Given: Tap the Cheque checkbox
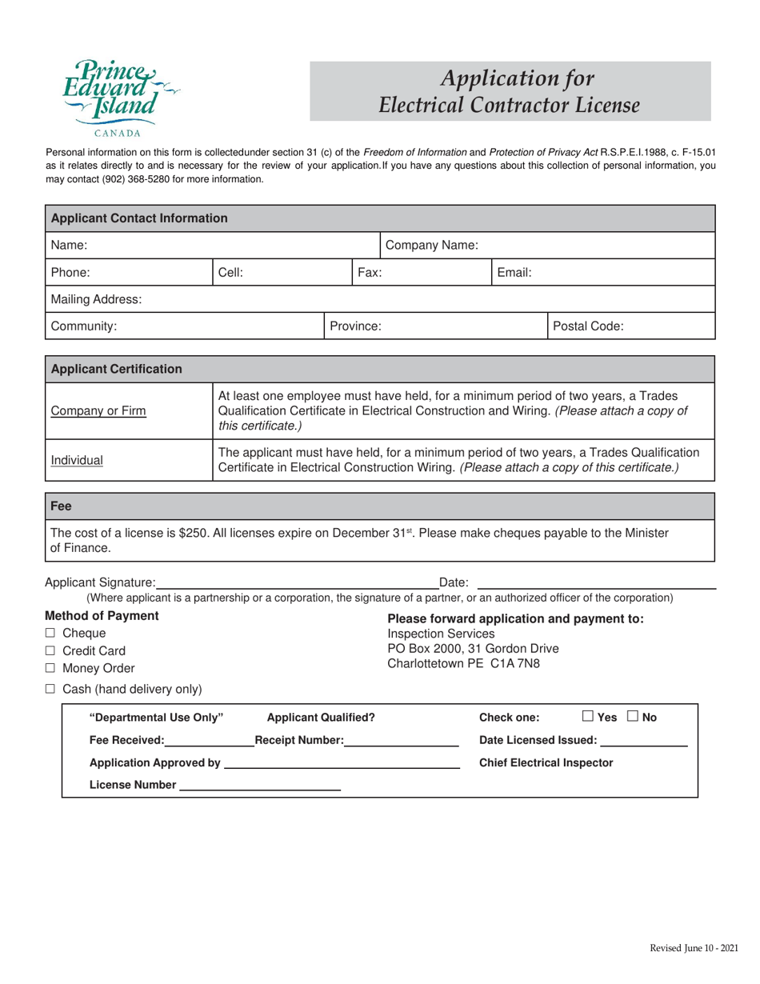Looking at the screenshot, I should click(x=50, y=634).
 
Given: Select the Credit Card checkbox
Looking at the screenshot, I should click(x=50, y=651).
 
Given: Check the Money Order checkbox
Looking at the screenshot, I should click(x=50, y=669).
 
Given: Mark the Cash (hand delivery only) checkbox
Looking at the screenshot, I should click(x=50, y=689).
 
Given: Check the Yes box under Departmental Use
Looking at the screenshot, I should click(x=588, y=717).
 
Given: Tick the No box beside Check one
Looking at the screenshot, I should click(x=633, y=717).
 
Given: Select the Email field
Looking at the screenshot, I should click(x=620, y=273).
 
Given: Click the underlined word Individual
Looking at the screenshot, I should click(x=77, y=461).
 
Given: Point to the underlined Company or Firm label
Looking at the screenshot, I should click(x=98, y=411).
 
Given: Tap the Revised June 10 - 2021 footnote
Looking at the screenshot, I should click(x=694, y=949).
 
